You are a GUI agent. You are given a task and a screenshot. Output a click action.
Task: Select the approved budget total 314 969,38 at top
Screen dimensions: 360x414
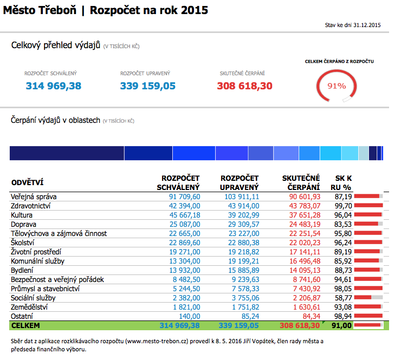pos(54,86)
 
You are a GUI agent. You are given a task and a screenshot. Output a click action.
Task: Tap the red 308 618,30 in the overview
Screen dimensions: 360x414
pos(244,86)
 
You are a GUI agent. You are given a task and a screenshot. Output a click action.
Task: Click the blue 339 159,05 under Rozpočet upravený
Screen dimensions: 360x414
pos(148,86)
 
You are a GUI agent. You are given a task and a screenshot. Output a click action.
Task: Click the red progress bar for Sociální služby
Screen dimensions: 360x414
pos(363,297)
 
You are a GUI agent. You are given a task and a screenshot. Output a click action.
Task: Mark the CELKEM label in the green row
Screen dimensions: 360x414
pos(25,325)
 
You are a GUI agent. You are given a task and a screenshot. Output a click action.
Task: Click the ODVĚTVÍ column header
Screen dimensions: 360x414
pos(27,183)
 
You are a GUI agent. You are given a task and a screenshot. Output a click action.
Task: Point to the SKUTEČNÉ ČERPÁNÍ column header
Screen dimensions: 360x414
pos(301,182)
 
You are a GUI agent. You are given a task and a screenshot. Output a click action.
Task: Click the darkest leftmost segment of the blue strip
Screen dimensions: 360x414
pos(67,153)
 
